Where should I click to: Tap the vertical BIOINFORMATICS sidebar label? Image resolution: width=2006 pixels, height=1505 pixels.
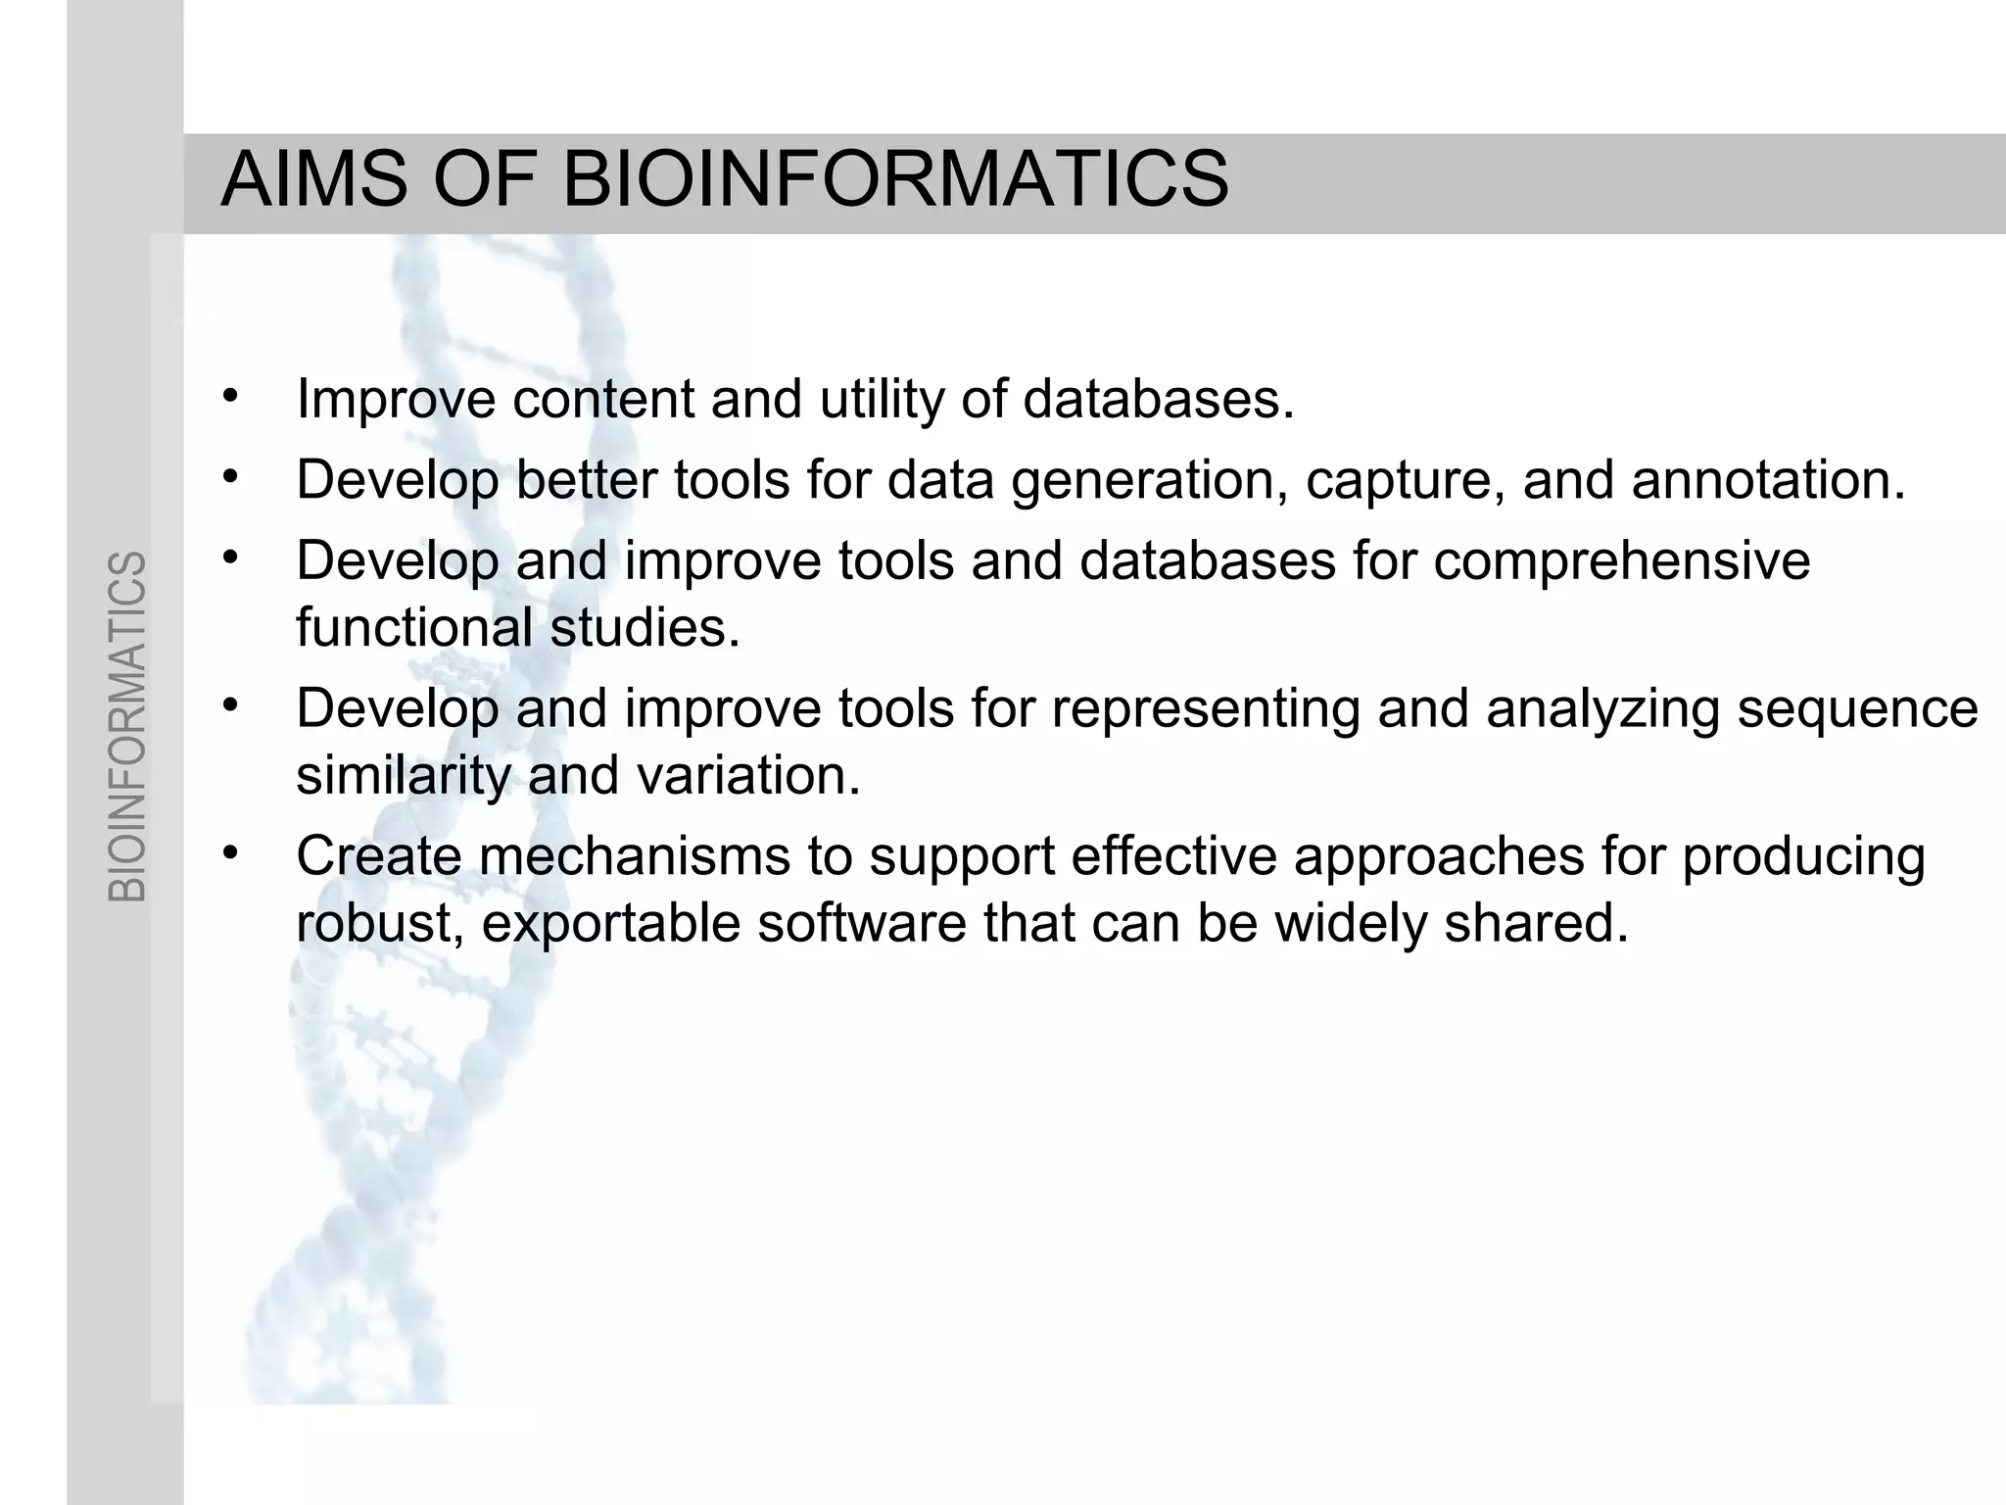(127, 726)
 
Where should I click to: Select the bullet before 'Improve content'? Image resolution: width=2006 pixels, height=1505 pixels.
(230, 396)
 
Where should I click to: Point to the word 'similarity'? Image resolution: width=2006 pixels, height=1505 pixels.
(403, 777)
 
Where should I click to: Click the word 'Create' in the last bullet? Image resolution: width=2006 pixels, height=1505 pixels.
(378, 856)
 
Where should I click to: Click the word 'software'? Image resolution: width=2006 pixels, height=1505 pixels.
(861, 922)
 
